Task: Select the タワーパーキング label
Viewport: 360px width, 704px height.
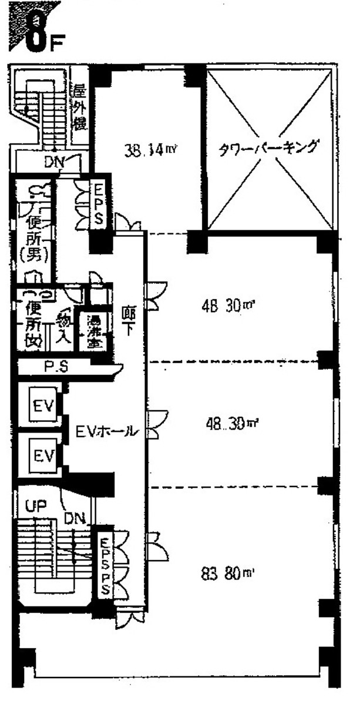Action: tap(270, 147)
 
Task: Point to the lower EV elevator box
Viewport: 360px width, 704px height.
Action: tap(43, 455)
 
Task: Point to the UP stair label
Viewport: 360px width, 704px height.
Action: tap(36, 505)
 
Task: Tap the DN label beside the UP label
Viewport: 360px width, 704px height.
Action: tap(75, 518)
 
